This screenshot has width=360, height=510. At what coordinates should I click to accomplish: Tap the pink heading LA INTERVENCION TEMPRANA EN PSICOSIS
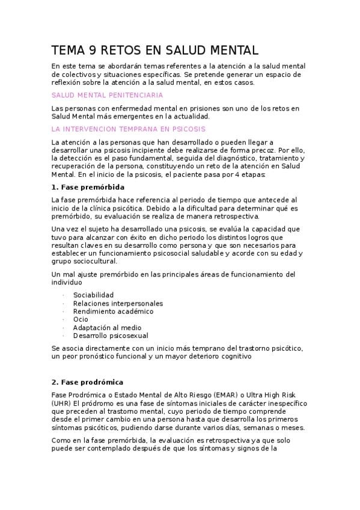click(129, 129)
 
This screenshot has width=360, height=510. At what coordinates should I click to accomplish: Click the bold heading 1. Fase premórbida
click(89, 187)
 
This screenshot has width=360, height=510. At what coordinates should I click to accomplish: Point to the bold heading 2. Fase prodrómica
click(87, 382)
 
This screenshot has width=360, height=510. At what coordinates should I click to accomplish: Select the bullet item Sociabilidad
click(93, 295)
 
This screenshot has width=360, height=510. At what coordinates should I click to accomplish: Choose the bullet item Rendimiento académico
click(113, 312)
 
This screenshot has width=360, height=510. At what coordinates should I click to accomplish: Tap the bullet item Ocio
click(81, 319)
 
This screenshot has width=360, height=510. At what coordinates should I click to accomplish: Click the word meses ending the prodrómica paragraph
click(292, 428)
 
